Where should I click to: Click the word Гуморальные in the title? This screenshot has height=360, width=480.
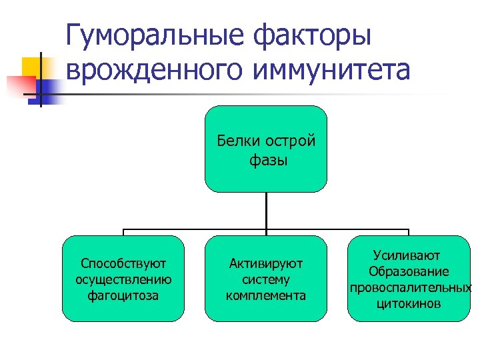click(x=155, y=37)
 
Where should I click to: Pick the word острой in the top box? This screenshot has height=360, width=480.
click(x=290, y=141)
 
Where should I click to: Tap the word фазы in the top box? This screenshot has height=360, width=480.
click(x=265, y=160)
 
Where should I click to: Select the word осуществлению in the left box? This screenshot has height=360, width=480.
click(x=123, y=279)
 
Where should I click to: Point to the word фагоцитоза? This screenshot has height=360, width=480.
click(x=123, y=295)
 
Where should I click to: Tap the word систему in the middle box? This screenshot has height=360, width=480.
click(x=266, y=279)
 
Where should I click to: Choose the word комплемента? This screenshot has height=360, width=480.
click(x=266, y=295)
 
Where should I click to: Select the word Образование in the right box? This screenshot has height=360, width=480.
click(x=409, y=271)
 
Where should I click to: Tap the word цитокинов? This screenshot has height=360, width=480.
click(x=409, y=304)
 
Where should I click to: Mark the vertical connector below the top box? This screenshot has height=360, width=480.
click(x=266, y=212)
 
